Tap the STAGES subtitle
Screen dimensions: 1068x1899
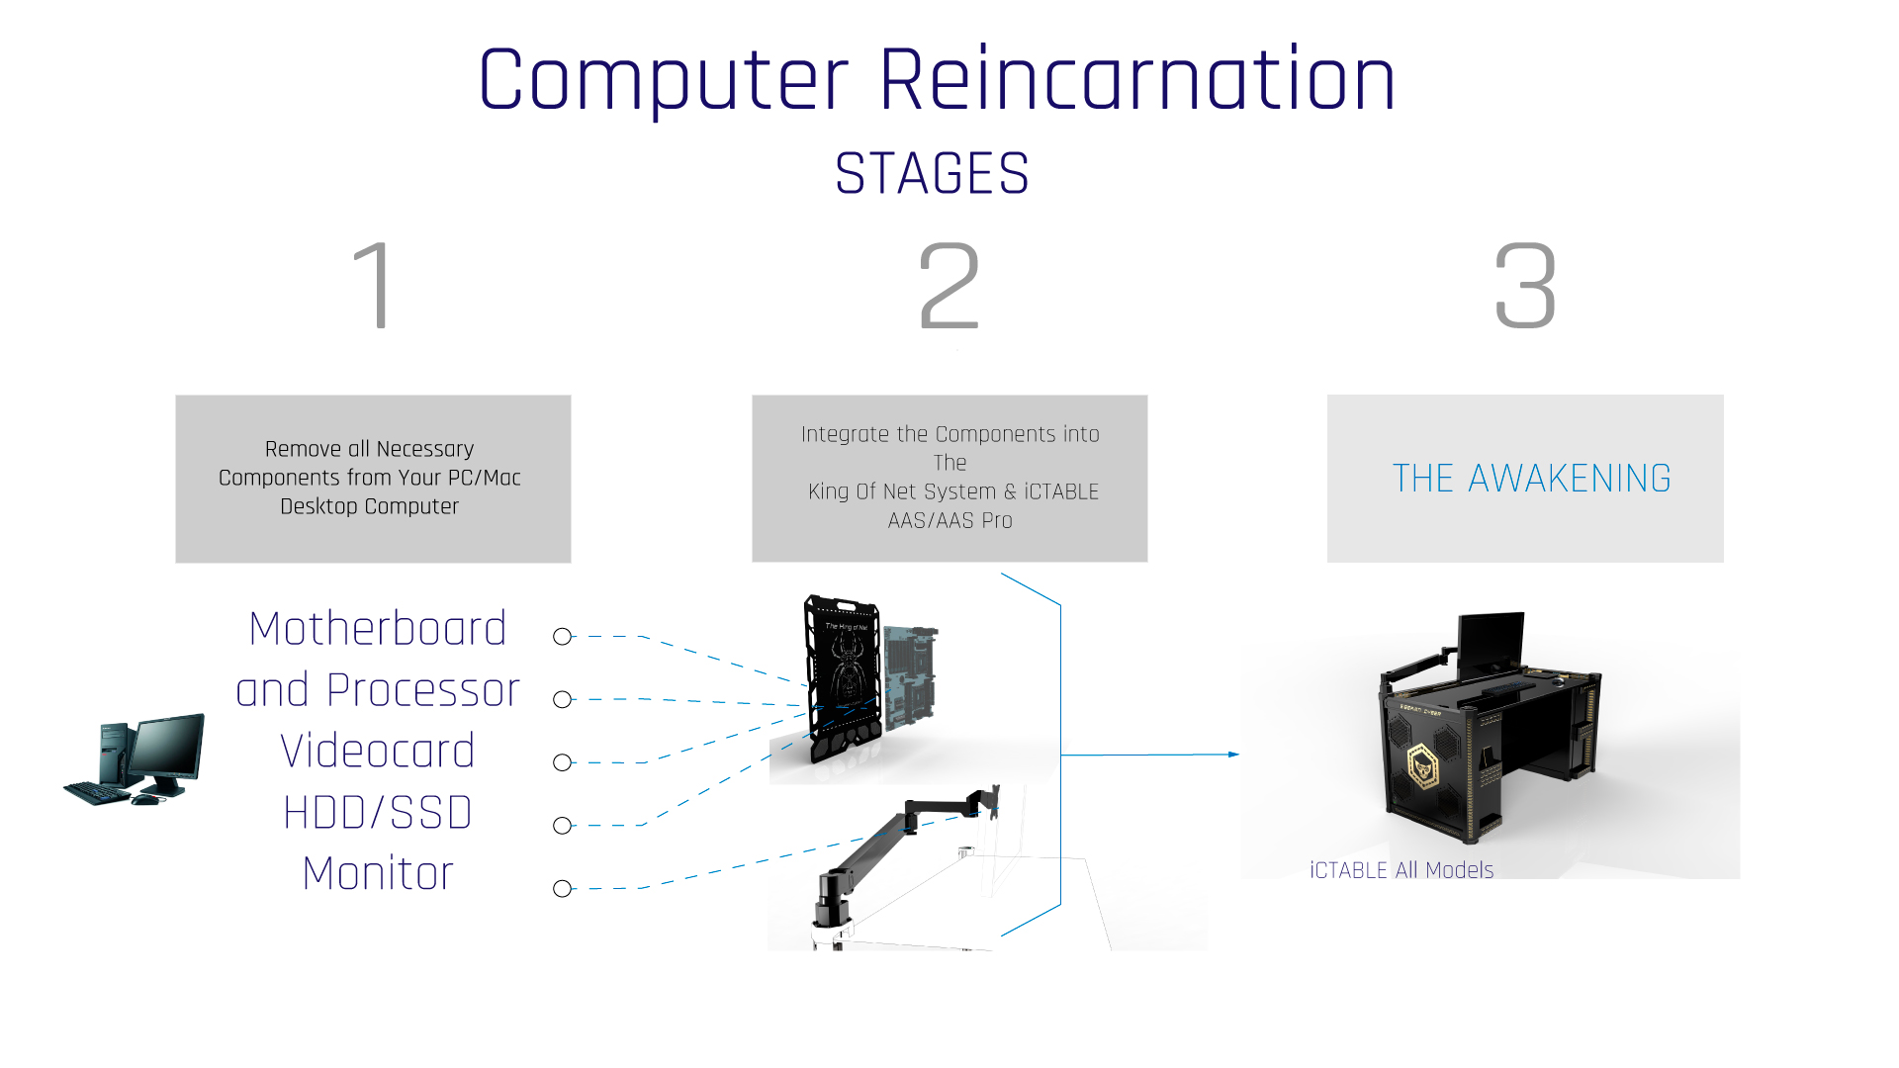tap(932, 174)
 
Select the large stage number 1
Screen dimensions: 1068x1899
tap(375, 286)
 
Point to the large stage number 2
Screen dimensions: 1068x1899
tap(949, 286)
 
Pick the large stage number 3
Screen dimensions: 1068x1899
tap(1525, 286)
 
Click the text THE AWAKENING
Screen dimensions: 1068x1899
tap(1531, 479)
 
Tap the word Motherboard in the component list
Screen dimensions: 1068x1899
tap(378, 629)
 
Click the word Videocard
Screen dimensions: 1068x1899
tap(378, 752)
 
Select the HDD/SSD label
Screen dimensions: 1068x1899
tap(378, 813)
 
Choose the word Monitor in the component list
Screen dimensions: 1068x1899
tap(378, 874)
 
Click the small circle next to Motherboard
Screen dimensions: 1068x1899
tap(563, 637)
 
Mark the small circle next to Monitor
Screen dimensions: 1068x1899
tap(563, 889)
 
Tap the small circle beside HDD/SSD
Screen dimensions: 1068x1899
tap(563, 826)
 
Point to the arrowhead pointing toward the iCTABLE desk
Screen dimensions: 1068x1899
tap(1233, 755)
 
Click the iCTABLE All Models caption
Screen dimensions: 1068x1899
tap(1402, 870)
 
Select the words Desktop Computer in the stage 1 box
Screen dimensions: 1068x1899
tap(369, 506)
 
